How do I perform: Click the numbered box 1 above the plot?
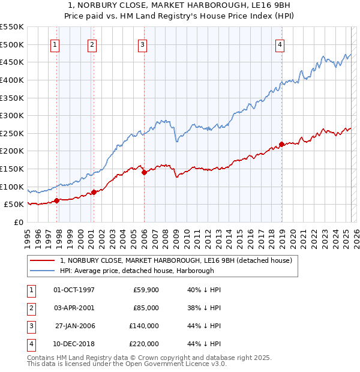coord(55,44)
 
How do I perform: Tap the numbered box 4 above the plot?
coord(280,44)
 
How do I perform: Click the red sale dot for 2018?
coord(281,144)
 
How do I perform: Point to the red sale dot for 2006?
coord(145,172)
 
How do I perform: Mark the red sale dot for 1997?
coord(56,200)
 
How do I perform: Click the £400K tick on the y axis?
coord(12,80)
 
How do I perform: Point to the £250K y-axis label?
coord(12,133)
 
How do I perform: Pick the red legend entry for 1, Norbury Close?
coord(176,260)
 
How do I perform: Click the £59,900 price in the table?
coord(146,290)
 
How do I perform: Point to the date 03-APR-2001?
coord(74,308)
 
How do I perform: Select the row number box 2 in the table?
coord(31,308)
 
